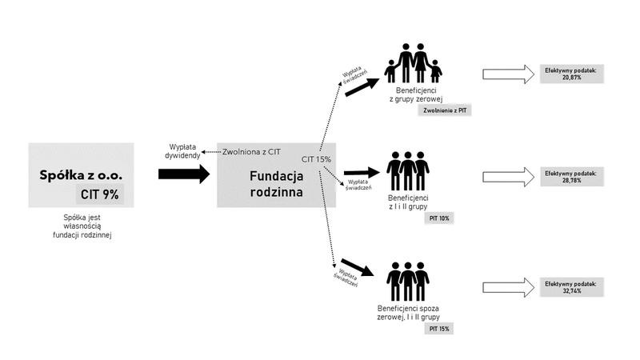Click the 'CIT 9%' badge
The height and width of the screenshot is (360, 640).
99,194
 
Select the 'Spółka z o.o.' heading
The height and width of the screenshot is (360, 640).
81,175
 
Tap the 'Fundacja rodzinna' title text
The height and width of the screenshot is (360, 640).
276,184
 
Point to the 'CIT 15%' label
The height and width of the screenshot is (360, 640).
316,159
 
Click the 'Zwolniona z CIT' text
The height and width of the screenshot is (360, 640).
251,152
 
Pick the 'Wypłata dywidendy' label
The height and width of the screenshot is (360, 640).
182,151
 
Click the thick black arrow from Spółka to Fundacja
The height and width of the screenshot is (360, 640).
184,174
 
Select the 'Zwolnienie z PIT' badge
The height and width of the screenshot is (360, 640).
445,110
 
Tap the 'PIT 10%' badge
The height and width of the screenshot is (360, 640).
439,218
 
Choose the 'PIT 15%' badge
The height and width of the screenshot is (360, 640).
439,329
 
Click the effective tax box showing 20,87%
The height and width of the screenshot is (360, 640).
572,74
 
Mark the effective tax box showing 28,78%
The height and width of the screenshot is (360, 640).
572,177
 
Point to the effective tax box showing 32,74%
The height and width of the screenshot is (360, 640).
572,287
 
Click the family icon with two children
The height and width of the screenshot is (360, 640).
413,63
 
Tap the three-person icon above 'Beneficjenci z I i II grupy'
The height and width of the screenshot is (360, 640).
408,171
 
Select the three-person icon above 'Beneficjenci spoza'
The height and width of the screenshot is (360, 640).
408,282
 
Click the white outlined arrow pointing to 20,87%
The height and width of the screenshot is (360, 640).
508,74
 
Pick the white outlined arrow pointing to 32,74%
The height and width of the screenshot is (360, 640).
508,287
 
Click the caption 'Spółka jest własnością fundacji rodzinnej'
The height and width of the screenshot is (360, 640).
82,226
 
